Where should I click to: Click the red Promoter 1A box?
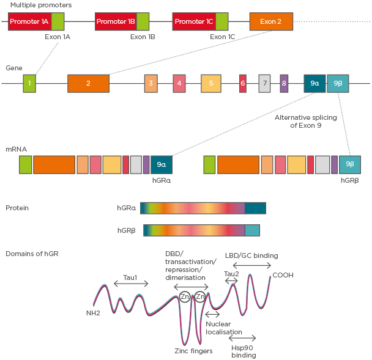pyautogui.click(x=29, y=21)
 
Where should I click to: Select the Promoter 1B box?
pyautogui.click(x=116, y=21)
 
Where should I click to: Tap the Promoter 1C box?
pyautogui.click(x=194, y=21)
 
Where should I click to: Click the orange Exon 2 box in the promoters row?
pyautogui.click(x=271, y=21)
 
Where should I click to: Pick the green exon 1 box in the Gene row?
pyautogui.click(x=29, y=83)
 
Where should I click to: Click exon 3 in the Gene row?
pyautogui.click(x=151, y=83)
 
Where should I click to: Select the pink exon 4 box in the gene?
pyautogui.click(x=179, y=83)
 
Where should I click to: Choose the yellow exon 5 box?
pyautogui.click(x=211, y=83)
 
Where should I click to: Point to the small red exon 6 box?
pyautogui.click(x=243, y=83)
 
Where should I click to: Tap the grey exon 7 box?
pyautogui.click(x=264, y=83)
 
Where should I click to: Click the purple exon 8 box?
pyautogui.click(x=284, y=83)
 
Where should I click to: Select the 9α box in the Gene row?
pyautogui.click(x=314, y=83)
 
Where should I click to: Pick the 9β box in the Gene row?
pyautogui.click(x=338, y=83)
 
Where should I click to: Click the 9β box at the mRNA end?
pyautogui.click(x=350, y=164)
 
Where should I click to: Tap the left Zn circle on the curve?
pyautogui.click(x=185, y=297)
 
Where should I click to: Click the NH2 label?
pyautogui.click(x=93, y=313)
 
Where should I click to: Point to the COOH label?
pyautogui.click(x=283, y=275)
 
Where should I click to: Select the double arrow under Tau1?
pyautogui.click(x=131, y=284)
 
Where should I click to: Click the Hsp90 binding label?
pyautogui.click(x=244, y=351)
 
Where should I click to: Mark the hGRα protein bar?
pyautogui.click(x=203, y=208)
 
